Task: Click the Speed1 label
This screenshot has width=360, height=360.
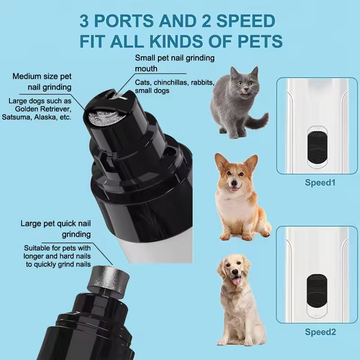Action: [x=320, y=183]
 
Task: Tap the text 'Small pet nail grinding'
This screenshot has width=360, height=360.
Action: [x=175, y=58]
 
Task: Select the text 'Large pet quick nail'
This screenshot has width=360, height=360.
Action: [x=55, y=223]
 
